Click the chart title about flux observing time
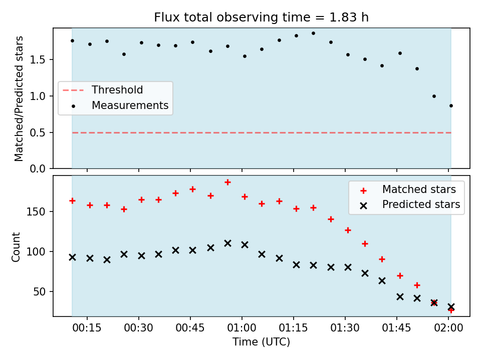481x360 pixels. [x=261, y=17]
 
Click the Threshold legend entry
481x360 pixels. [x=103, y=90]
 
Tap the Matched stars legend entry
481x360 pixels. [x=408, y=189]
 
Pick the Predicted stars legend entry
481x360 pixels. [x=409, y=204]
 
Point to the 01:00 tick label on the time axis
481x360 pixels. [x=242, y=328]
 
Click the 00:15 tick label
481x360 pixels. [x=87, y=328]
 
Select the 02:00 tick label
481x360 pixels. [x=448, y=328]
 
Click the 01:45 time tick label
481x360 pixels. [x=397, y=328]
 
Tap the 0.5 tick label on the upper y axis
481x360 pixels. [x=38, y=133]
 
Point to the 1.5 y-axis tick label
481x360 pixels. [x=38, y=59]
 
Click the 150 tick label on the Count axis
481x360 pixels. [x=36, y=212]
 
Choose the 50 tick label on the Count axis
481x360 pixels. [x=39, y=291]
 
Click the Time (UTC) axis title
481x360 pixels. [x=261, y=342]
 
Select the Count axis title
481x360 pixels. [x=16, y=246]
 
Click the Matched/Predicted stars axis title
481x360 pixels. [x=19, y=98]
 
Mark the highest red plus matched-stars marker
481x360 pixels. [x=227, y=182]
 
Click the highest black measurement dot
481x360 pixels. [x=313, y=33]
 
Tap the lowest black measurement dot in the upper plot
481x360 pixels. [x=451, y=106]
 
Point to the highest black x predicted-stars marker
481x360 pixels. [x=227, y=243]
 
